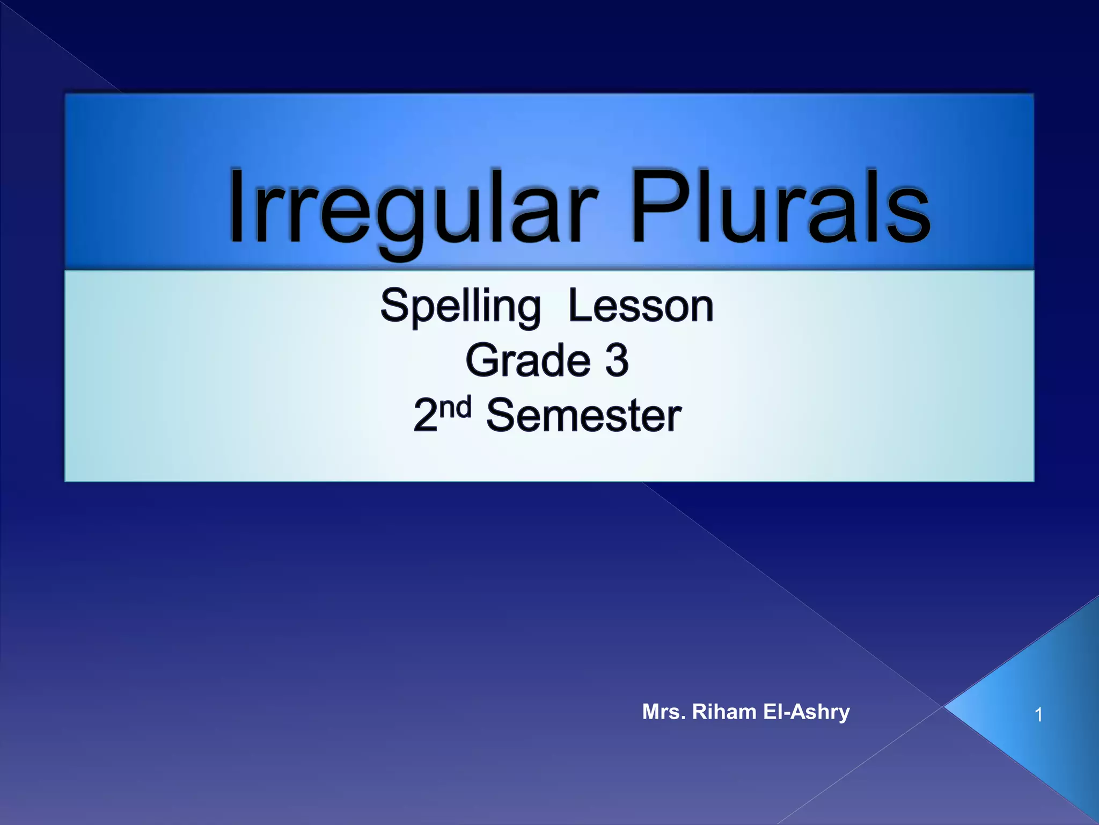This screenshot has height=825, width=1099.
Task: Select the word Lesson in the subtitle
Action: [641, 306]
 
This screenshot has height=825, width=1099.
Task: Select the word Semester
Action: [583, 416]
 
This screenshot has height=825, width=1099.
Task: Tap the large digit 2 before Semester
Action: [426, 416]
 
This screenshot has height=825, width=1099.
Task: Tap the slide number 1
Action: [1038, 715]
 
